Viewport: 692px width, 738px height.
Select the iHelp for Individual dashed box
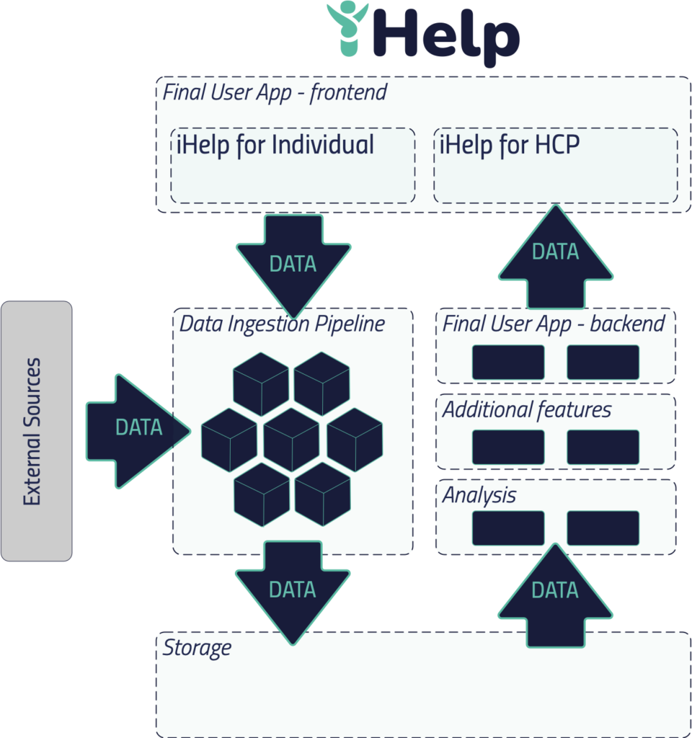pyautogui.click(x=293, y=166)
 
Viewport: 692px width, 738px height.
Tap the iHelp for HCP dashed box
pyautogui.click(x=555, y=166)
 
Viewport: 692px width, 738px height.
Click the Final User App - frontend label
pyautogui.click(x=274, y=92)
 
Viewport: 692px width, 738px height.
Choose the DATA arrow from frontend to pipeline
pyautogui.click(x=293, y=259)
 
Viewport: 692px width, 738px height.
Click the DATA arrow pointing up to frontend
pyautogui.click(x=555, y=256)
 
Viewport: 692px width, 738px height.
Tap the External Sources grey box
pyautogui.click(x=36, y=431)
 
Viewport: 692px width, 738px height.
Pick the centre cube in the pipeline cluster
pyautogui.click(x=292, y=440)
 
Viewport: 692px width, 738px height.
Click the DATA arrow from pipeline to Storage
pyautogui.click(x=293, y=587)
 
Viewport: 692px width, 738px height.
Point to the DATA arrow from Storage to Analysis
pyautogui.click(x=555, y=595)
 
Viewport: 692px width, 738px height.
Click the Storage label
pyautogui.click(x=196, y=647)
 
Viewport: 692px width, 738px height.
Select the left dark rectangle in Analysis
pyautogui.click(x=507, y=528)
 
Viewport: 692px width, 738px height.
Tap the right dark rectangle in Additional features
pyautogui.click(x=603, y=447)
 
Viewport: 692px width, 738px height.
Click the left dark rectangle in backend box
pyautogui.click(x=507, y=362)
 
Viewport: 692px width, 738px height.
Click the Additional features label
pyautogui.click(x=526, y=410)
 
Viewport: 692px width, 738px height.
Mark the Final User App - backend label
pyautogui.click(x=553, y=324)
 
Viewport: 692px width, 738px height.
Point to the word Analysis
pyautogui.click(x=479, y=496)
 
